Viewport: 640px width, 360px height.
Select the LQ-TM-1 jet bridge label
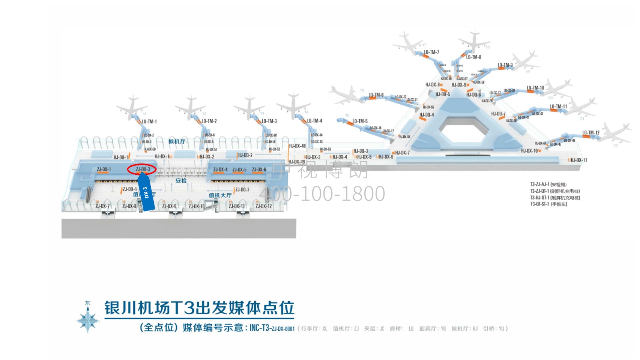point(149,121)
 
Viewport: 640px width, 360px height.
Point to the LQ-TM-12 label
point(590,133)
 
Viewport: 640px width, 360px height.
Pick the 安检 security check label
point(181,180)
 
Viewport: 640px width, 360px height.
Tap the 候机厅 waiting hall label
point(177,141)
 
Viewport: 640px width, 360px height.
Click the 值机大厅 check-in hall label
point(220,195)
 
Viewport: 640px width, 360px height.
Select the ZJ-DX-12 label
point(264,206)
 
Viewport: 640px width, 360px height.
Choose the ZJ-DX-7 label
point(102,206)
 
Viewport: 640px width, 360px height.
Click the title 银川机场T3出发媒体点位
point(199,308)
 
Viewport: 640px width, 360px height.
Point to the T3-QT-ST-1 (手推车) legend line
point(548,204)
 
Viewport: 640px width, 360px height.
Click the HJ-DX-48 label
point(297,146)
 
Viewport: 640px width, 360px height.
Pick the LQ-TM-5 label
point(360,121)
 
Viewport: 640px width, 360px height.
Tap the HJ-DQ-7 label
point(498,114)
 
